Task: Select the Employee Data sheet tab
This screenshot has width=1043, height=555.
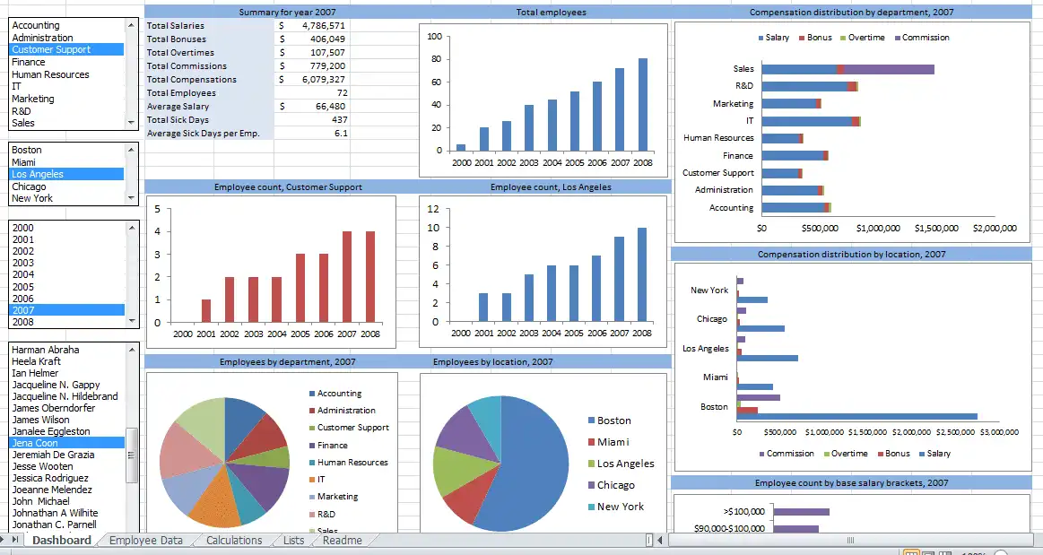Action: tap(145, 541)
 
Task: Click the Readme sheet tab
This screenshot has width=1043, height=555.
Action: tap(342, 541)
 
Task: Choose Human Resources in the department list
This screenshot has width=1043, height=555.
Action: tap(50, 74)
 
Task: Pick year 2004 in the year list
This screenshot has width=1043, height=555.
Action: tap(23, 275)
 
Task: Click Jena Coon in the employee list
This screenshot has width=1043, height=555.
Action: tap(35, 443)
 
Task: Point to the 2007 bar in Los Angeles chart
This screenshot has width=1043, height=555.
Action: tap(619, 279)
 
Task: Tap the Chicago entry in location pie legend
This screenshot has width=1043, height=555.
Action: tap(615, 485)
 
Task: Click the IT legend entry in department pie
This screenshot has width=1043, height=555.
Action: tap(322, 480)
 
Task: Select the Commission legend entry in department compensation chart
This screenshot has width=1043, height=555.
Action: tap(925, 38)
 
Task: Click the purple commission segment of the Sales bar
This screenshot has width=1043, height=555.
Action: tap(888, 69)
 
